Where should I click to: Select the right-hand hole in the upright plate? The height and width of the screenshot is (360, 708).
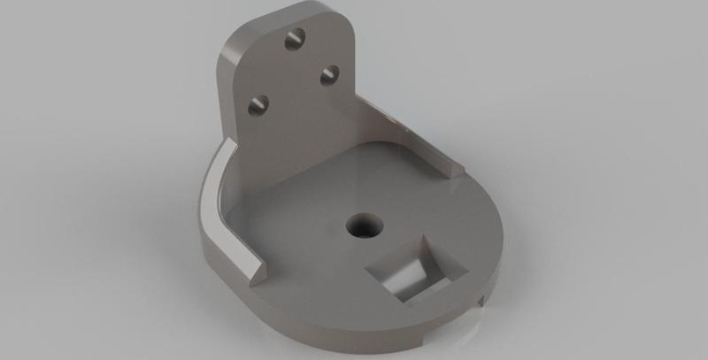coord(328,75)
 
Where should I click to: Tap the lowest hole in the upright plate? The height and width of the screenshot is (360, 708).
coord(258,104)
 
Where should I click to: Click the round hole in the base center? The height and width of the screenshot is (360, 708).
coord(362,225)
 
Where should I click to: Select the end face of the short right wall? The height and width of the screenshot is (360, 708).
coord(455,165)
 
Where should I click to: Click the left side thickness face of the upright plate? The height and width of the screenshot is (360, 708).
coord(227,97)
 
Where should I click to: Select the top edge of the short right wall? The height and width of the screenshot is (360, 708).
coord(416,133)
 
